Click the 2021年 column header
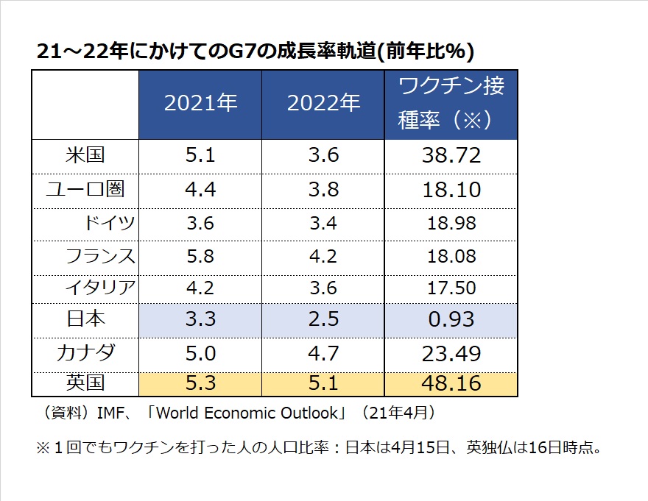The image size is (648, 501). coord(200,104)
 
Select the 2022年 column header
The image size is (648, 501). coord(323,104)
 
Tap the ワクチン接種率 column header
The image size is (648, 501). coord(451,104)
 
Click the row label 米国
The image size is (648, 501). coord(85,155)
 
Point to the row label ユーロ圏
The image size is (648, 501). coord(85,189)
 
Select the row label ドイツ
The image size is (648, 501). coord(111,223)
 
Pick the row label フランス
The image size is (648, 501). coord(101,256)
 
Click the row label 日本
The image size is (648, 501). coord(85,319)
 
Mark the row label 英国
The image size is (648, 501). coord(85,383)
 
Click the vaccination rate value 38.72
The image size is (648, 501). coord(451,155)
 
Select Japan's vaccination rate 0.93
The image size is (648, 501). coord(451,319)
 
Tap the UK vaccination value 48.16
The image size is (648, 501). coord(451,383)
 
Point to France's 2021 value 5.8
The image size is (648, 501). coord(200,256)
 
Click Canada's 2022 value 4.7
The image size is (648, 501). coord(323,353)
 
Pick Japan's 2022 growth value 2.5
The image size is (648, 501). coord(323,319)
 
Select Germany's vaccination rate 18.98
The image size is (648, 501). coord(451,223)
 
